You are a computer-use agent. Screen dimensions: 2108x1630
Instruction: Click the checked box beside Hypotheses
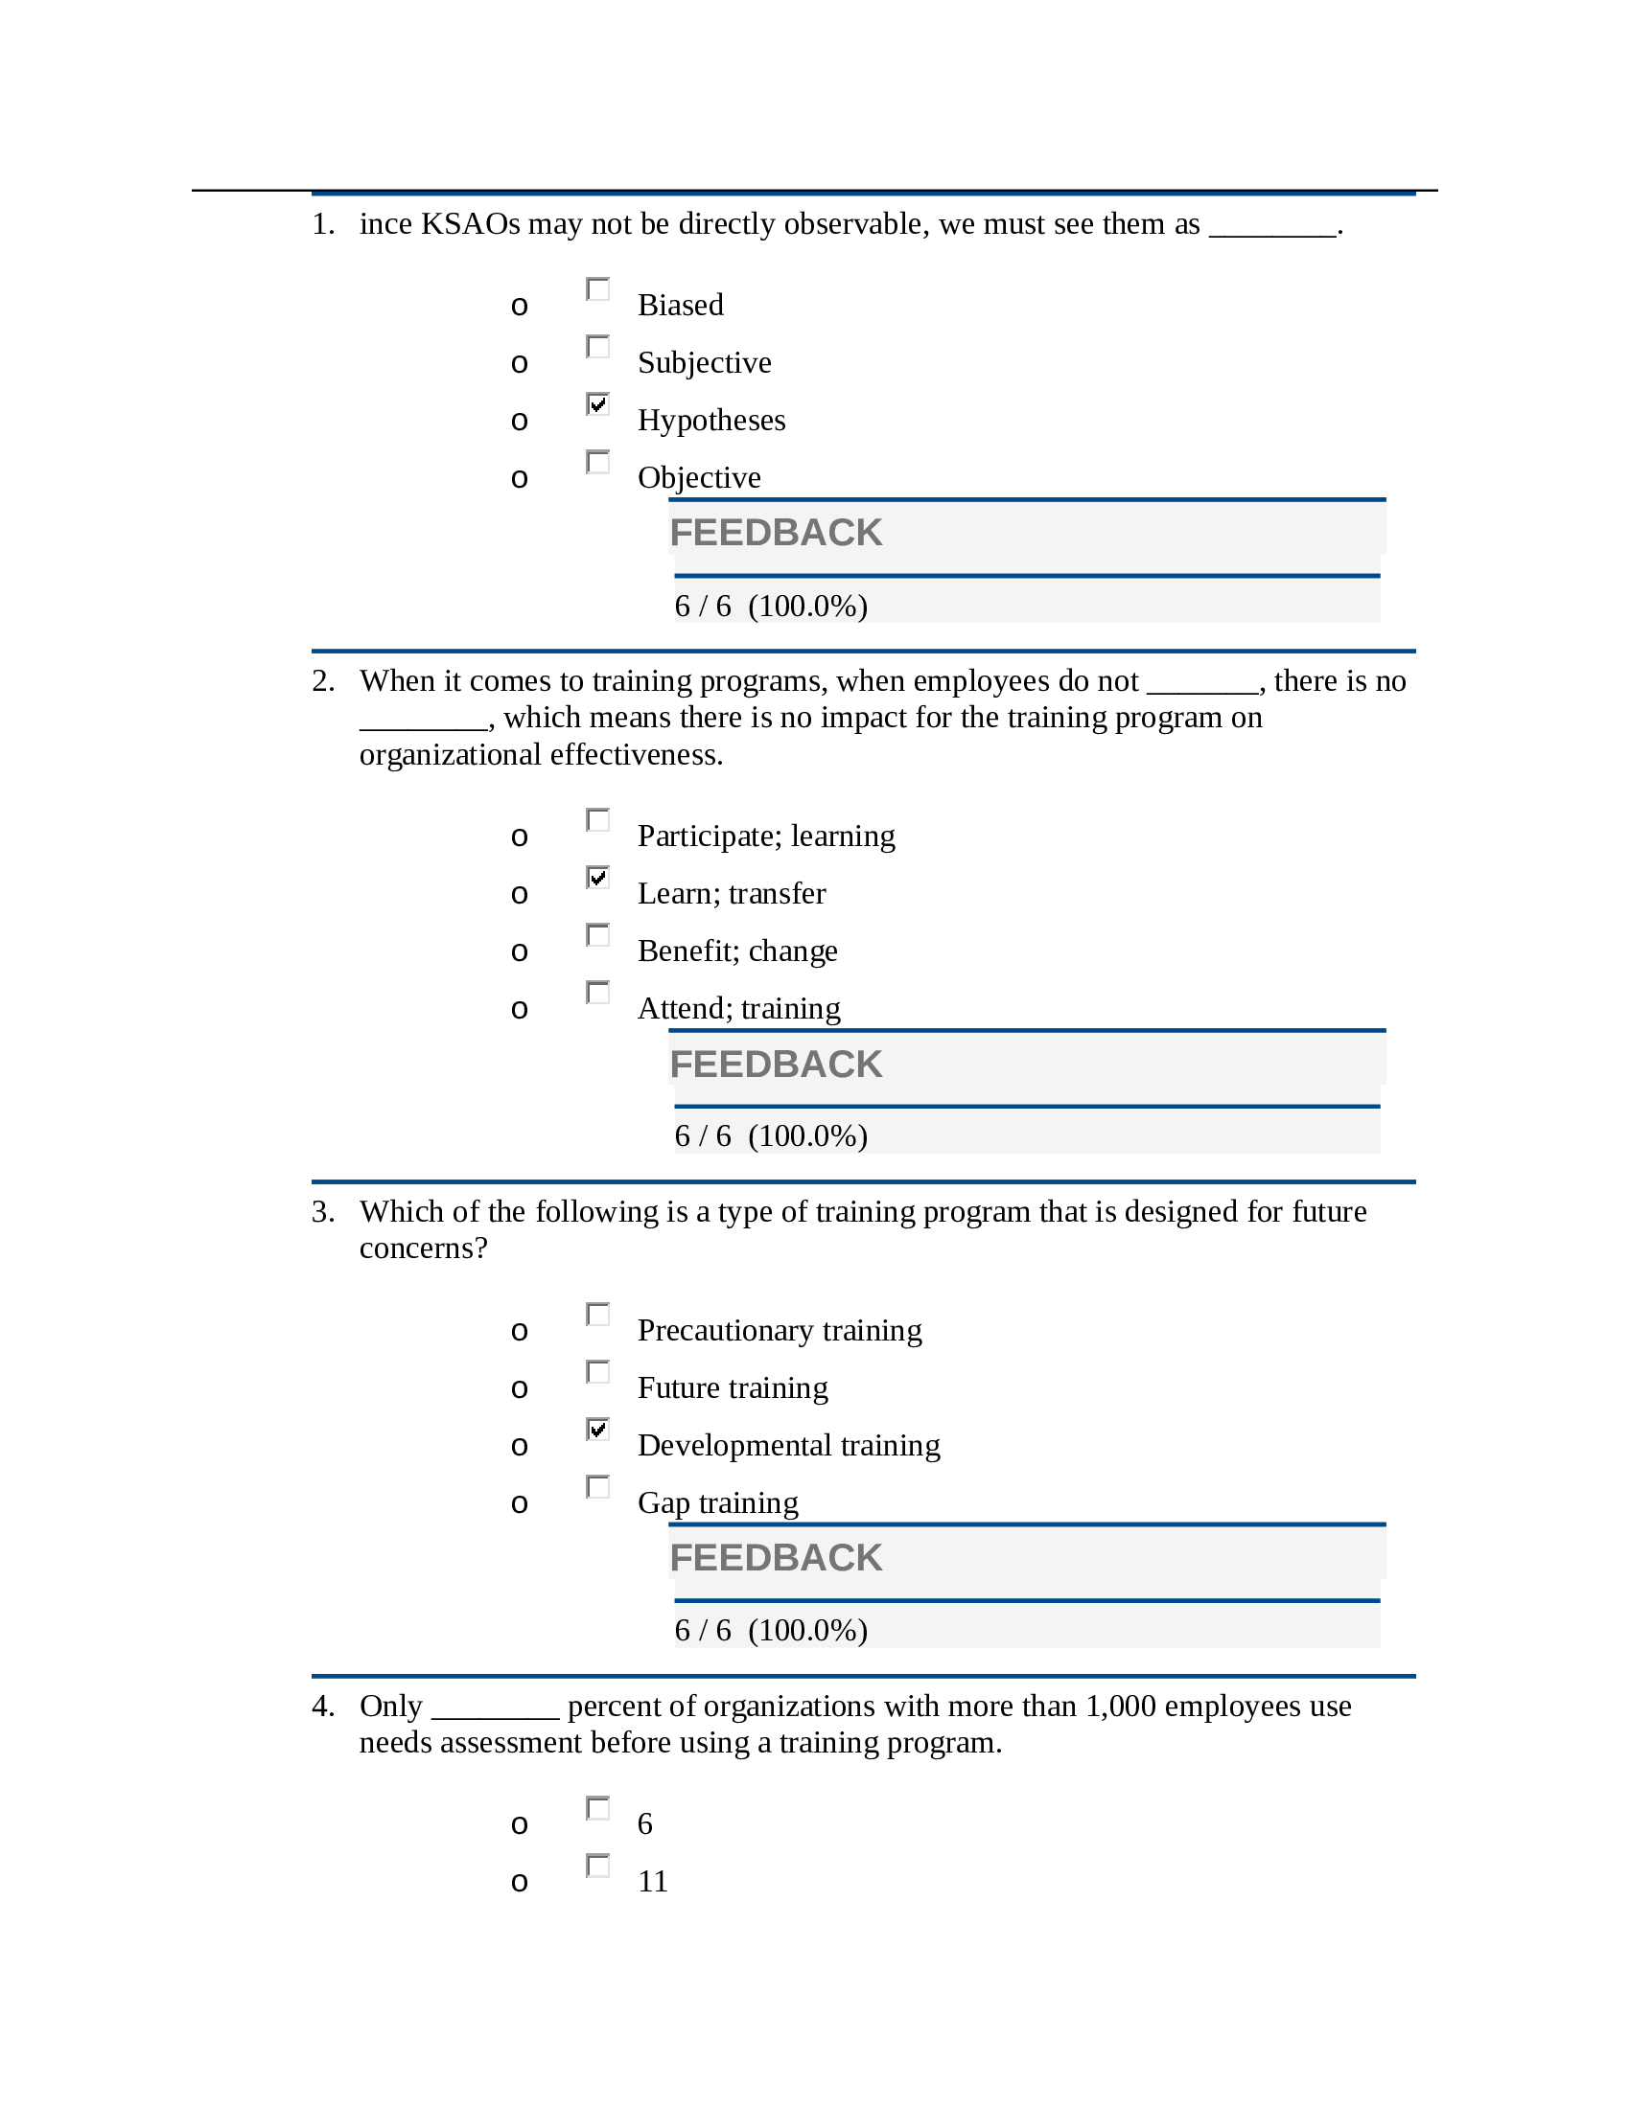pyautogui.click(x=597, y=403)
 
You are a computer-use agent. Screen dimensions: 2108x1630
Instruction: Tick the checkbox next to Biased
pyautogui.click(x=597, y=288)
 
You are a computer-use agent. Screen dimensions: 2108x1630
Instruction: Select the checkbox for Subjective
pyautogui.click(x=597, y=347)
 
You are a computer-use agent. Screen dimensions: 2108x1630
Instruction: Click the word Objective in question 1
pyautogui.click(x=698, y=478)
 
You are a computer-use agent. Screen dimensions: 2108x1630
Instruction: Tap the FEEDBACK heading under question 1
pyautogui.click(x=776, y=533)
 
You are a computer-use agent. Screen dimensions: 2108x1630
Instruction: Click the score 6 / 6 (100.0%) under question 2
pyautogui.click(x=771, y=1136)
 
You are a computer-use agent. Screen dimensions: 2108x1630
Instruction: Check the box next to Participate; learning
pyautogui.click(x=597, y=819)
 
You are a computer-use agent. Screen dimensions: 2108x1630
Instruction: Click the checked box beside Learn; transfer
pyautogui.click(x=597, y=877)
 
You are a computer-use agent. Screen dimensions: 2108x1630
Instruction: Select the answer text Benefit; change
pyautogui.click(x=736, y=951)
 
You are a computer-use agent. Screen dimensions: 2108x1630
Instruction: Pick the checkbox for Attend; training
pyautogui.click(x=597, y=993)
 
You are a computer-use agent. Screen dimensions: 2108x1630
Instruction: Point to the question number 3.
pyautogui.click(x=322, y=1211)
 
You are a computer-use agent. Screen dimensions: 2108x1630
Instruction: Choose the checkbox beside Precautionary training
pyautogui.click(x=597, y=1314)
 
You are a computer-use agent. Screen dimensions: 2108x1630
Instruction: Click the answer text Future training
pyautogui.click(x=732, y=1388)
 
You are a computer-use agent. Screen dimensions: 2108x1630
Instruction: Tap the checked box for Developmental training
pyautogui.click(x=597, y=1429)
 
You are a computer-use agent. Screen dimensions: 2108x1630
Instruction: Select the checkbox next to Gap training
pyautogui.click(x=597, y=1486)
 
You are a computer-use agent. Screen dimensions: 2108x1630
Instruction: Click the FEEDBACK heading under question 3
pyautogui.click(x=776, y=1558)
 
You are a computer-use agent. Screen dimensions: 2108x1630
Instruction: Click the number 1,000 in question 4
pyautogui.click(x=1120, y=1707)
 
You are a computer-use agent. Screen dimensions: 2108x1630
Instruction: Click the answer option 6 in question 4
pyautogui.click(x=645, y=1824)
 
